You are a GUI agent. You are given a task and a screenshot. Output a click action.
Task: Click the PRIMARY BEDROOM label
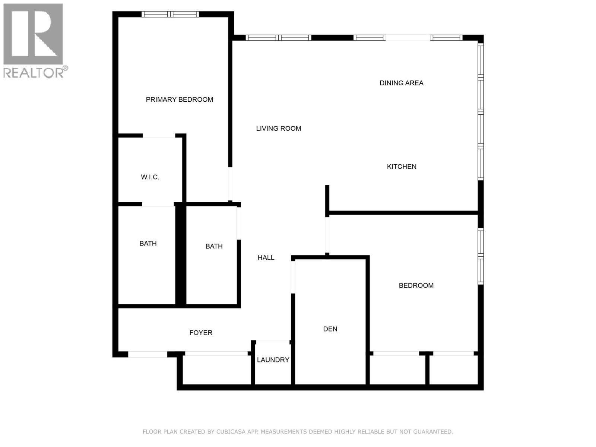click(179, 99)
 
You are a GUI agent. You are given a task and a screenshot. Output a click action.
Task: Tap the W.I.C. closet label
click(150, 177)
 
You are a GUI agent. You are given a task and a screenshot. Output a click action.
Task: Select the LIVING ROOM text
click(278, 129)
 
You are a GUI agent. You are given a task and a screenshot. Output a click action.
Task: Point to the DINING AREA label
click(401, 83)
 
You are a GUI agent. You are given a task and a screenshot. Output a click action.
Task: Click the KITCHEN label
click(401, 167)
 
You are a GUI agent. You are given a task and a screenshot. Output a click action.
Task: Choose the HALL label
click(266, 257)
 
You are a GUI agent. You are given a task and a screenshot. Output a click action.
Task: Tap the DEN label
click(330, 329)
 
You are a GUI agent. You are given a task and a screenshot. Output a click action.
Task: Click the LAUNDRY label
click(273, 360)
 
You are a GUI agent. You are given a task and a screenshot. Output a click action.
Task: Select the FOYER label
click(201, 333)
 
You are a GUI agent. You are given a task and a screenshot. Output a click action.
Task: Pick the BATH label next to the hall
click(214, 246)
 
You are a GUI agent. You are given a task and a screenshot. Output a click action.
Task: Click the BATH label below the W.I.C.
click(148, 244)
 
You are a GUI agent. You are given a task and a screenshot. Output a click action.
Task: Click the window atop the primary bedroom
click(170, 15)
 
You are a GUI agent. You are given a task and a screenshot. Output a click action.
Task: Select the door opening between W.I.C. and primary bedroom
click(159, 136)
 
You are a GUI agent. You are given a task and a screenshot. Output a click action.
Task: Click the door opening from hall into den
click(293, 277)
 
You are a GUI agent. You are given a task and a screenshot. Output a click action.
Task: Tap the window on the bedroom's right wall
click(481, 256)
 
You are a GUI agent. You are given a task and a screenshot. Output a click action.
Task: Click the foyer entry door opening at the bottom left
click(148, 354)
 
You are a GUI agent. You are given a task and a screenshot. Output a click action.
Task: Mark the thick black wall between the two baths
click(181, 255)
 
